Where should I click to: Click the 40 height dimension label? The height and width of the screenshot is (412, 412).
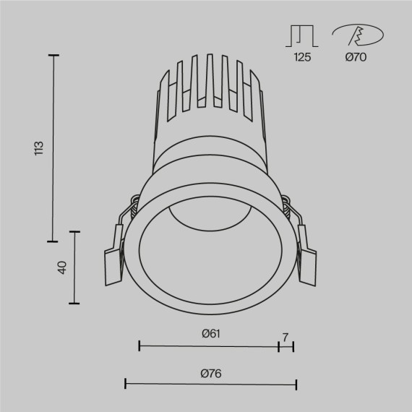62,267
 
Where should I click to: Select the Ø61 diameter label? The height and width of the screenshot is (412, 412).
210,333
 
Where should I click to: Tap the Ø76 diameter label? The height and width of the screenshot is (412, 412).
212,373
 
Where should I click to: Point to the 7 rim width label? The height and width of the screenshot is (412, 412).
286,337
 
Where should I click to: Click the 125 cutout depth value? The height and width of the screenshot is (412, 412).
302,58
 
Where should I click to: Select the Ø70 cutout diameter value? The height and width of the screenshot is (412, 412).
355,58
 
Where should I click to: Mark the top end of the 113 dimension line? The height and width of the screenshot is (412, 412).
53,54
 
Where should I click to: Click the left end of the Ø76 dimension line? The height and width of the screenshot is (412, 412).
126,383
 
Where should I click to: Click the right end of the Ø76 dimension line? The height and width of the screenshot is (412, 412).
296,383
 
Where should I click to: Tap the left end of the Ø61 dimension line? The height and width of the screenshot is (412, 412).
139,346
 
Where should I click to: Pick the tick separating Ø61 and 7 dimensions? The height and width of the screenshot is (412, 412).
278,346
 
